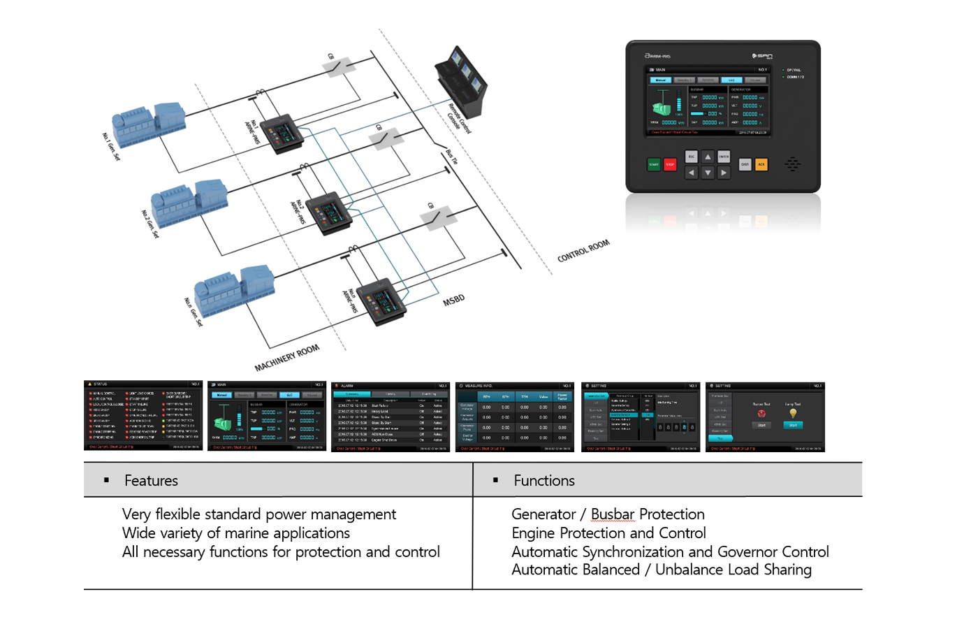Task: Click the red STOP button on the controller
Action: point(670,165)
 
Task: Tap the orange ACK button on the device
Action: point(761,164)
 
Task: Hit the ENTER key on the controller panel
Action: point(724,157)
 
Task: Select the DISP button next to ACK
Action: point(745,164)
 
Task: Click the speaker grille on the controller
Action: point(792,164)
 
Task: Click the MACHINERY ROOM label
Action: point(286,358)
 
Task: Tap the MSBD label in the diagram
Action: point(453,301)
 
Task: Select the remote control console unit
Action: point(461,84)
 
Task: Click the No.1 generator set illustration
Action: point(149,124)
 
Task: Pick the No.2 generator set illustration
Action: point(189,202)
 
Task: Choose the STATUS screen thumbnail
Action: point(143,416)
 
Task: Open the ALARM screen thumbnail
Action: point(391,417)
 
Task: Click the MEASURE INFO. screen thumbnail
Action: point(514,417)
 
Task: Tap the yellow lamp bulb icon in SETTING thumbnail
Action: point(793,413)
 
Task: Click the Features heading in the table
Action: point(151,481)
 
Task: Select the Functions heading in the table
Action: point(544,481)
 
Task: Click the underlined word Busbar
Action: point(613,514)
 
